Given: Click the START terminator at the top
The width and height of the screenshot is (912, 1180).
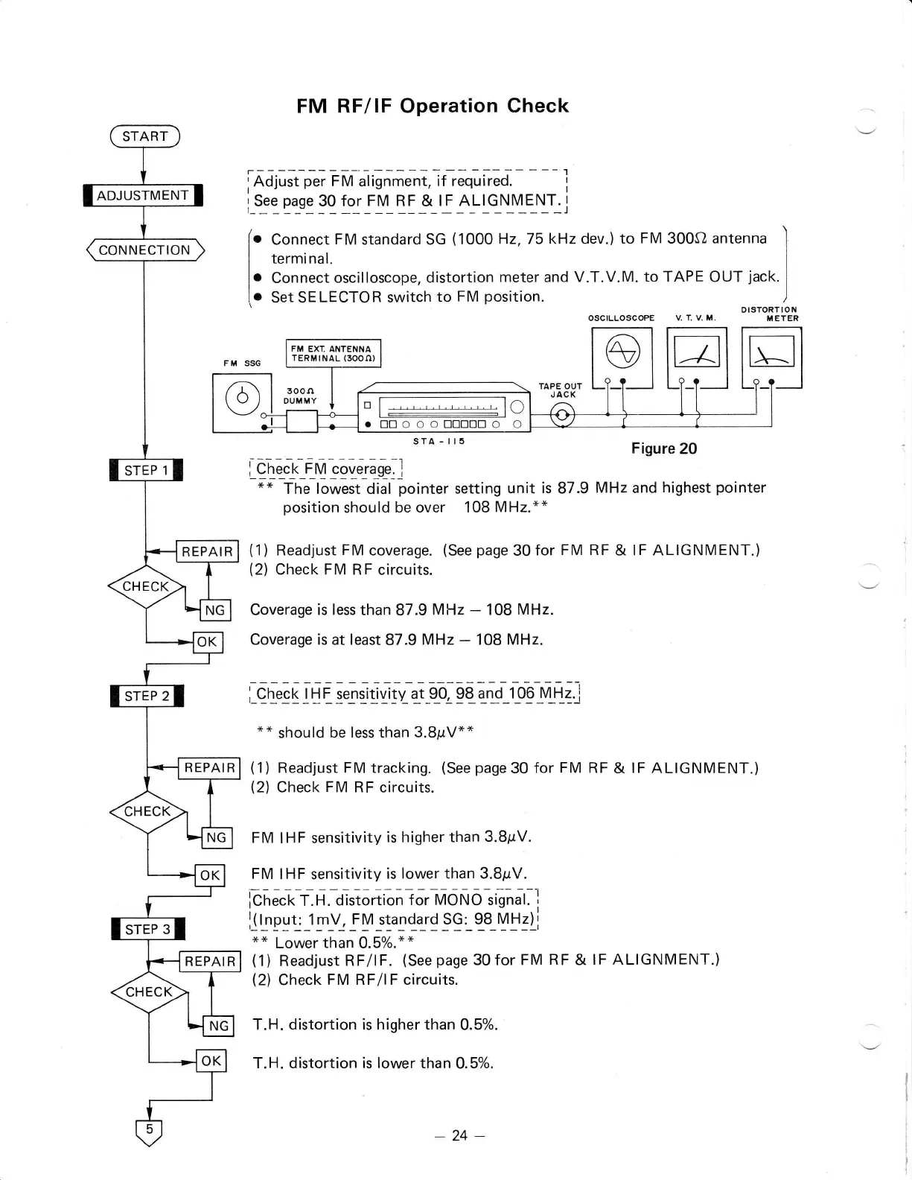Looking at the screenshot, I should [145, 136].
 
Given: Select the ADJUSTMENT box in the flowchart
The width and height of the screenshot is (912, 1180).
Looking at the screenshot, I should [143, 196].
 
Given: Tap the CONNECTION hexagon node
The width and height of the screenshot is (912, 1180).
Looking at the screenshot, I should [144, 250].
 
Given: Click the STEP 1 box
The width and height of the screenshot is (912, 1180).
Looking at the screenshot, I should [146, 471].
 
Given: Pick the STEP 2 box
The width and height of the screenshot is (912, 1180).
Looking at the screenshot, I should [147, 697].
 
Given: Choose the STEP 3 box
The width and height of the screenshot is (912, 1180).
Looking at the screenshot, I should [147, 930].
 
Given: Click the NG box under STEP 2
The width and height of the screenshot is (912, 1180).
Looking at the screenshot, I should [216, 838].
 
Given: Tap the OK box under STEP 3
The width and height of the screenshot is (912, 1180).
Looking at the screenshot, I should [211, 1061].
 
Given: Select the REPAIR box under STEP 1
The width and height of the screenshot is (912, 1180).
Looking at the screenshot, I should [207, 552].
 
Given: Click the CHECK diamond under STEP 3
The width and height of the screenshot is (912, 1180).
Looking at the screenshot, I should [149, 992].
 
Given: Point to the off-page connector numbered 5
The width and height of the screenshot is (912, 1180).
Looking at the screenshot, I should [149, 1131].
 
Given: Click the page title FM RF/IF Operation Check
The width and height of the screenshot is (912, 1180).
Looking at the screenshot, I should [433, 106].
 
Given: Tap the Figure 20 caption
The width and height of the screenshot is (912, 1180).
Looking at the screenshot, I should [664, 448].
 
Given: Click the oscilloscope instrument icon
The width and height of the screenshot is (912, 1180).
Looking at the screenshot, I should [622, 358].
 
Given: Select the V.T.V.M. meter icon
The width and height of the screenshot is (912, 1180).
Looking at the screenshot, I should [697, 358].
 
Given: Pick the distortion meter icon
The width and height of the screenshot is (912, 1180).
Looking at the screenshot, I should [772, 358].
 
